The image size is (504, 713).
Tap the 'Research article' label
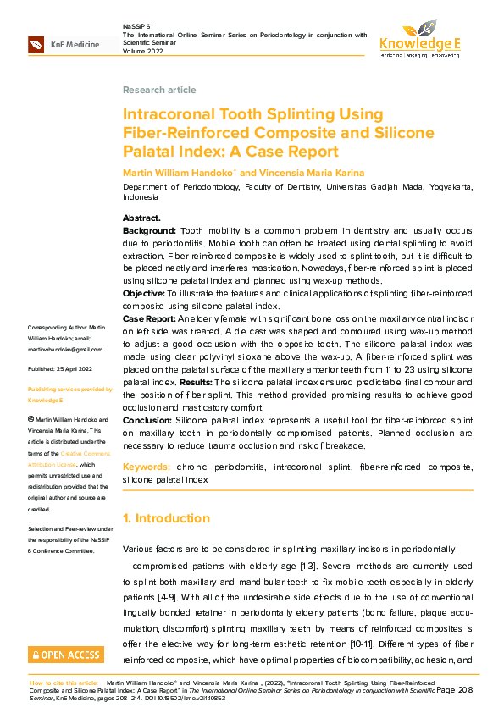pos(159,90)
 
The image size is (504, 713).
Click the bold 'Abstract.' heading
pos(141,218)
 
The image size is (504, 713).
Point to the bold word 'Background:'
pos(149,230)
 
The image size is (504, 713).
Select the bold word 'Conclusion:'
pos(148,420)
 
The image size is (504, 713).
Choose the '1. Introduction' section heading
pos(166,518)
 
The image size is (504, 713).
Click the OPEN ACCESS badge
pos(64,655)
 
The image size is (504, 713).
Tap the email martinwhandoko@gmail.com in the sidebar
pos(64,349)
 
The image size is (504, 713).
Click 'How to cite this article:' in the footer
pos(64,682)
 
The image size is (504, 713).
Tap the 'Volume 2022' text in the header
pos(142,49)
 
